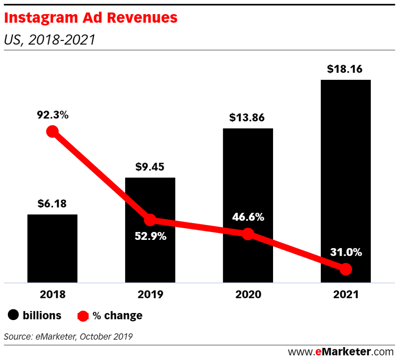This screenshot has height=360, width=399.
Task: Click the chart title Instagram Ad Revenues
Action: (91, 18)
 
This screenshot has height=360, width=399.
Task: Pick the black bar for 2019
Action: (150, 195)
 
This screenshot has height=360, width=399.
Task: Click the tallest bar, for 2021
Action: (345, 166)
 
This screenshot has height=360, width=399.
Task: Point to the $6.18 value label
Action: (52, 204)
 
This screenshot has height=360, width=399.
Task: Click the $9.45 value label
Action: (150, 167)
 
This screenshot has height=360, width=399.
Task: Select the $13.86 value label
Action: (248, 118)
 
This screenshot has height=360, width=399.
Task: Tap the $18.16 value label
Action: (345, 69)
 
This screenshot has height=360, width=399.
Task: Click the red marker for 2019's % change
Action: (150, 220)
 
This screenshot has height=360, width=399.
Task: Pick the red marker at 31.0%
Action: (345, 269)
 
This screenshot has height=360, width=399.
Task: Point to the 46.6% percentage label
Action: (248, 217)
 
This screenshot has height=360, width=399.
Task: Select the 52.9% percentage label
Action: (150, 237)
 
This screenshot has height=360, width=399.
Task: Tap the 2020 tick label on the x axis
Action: (248, 294)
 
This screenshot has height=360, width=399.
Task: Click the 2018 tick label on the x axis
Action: (52, 294)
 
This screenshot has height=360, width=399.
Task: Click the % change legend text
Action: (118, 316)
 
